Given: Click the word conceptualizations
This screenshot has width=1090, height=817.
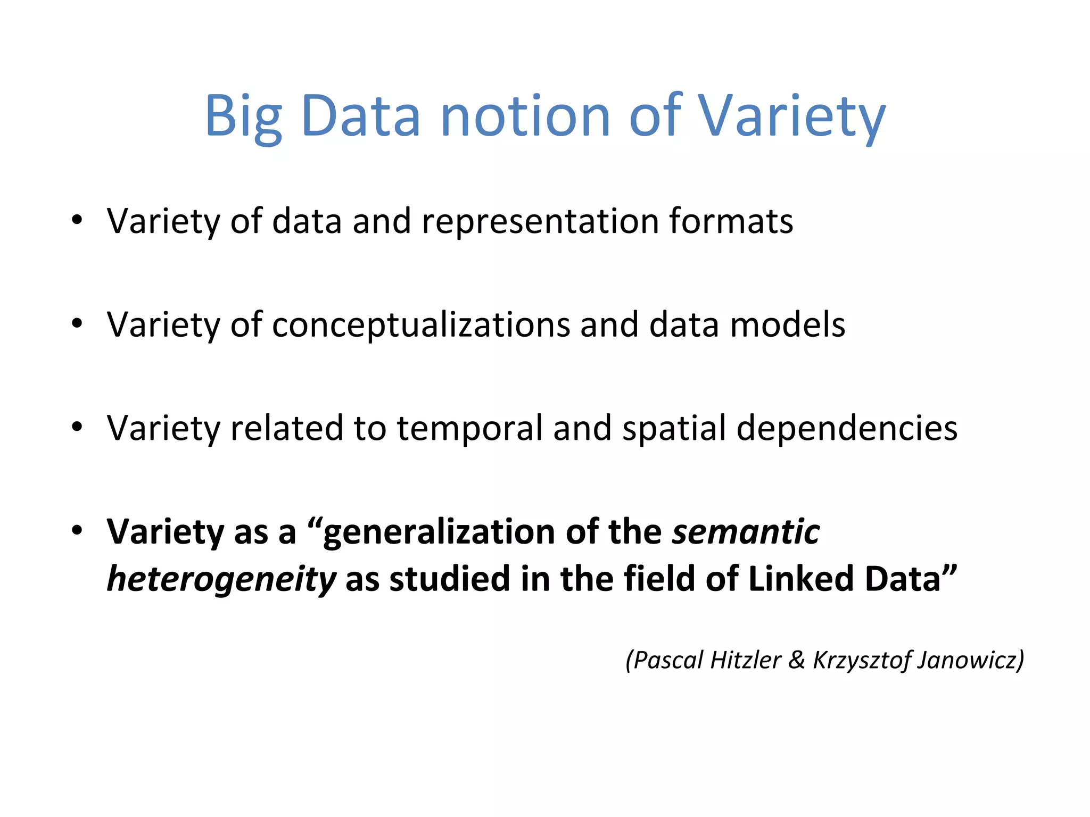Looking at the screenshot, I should pyautogui.click(x=420, y=324).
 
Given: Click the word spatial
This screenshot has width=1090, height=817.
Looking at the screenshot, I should pyautogui.click(x=674, y=428).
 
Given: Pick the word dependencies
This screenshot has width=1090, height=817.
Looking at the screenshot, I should pyautogui.click(x=847, y=428).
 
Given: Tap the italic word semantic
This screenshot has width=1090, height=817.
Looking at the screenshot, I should pyautogui.click(x=746, y=532).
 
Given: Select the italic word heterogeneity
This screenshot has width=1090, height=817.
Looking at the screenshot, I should pyautogui.click(x=221, y=579).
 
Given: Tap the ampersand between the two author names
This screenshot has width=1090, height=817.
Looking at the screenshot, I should pyautogui.click(x=796, y=660).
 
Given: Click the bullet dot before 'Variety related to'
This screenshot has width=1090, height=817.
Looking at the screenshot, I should pyautogui.click(x=78, y=427).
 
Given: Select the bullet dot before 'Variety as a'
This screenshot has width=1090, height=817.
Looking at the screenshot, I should pyautogui.click(x=78, y=530).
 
